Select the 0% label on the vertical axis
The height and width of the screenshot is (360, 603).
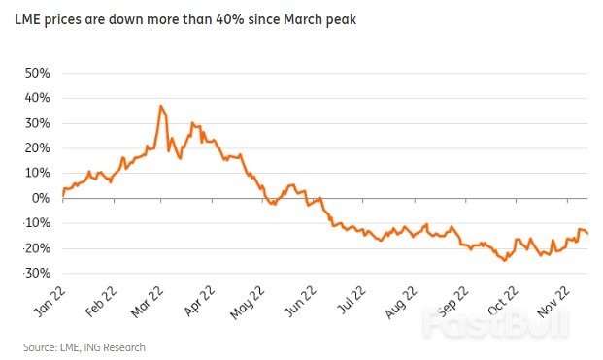pyautogui.click(x=41, y=198)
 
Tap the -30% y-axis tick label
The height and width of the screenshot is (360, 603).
pyautogui.click(x=34, y=273)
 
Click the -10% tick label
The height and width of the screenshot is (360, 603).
pyautogui.click(x=34, y=223)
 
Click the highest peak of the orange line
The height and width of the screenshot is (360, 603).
pyautogui.click(x=160, y=105)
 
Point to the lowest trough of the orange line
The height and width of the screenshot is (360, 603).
pyautogui.click(x=504, y=260)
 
